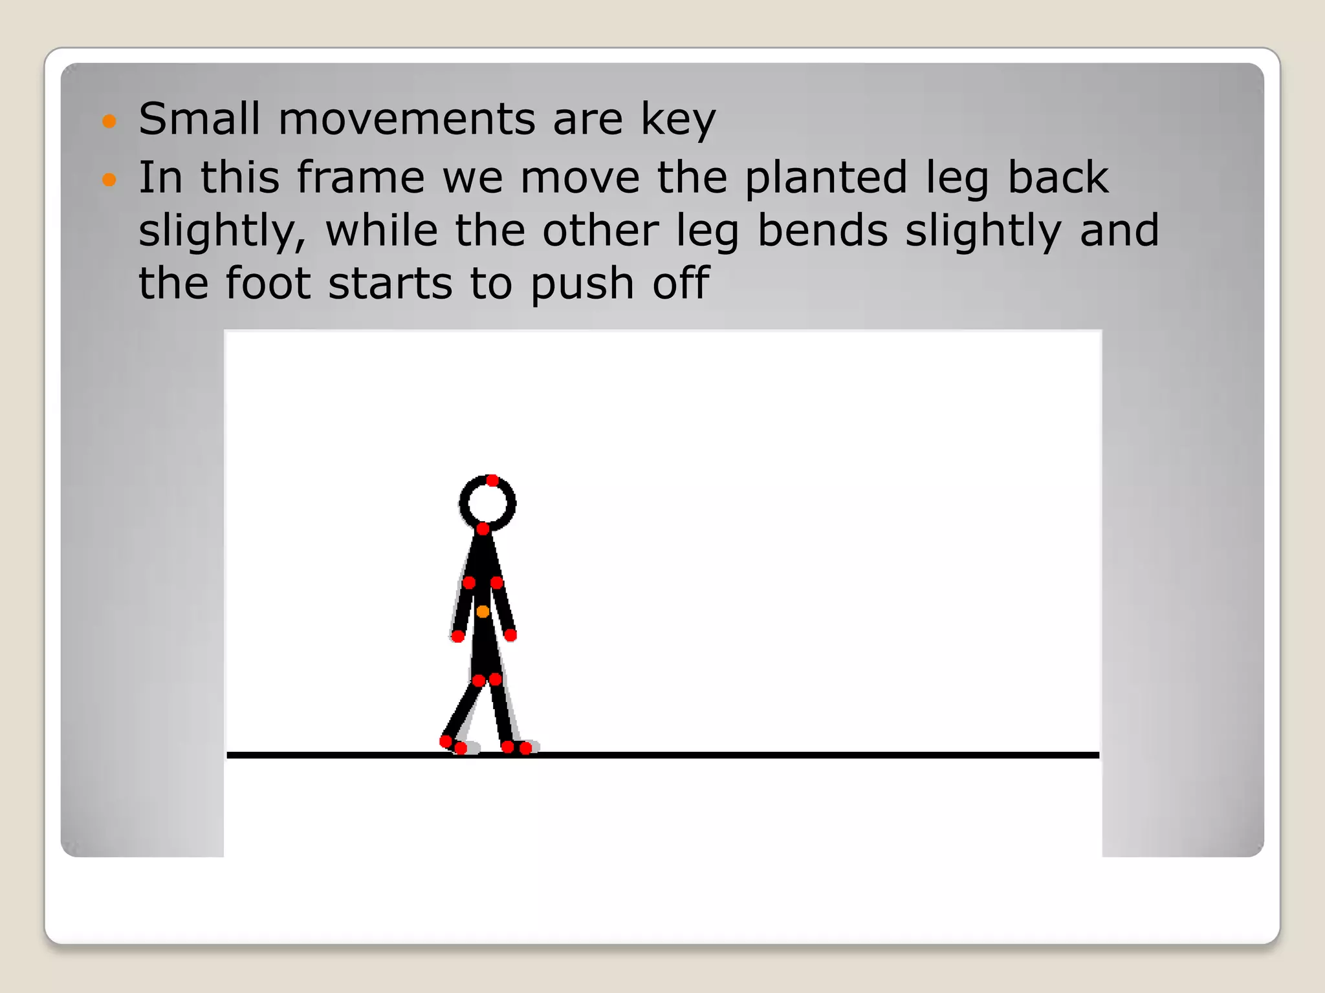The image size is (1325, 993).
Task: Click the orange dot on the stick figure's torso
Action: (483, 612)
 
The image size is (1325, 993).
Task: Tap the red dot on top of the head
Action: (492, 480)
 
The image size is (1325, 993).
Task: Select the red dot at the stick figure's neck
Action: (483, 529)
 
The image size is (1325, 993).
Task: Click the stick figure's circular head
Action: (487, 503)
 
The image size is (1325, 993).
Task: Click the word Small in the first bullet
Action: (199, 119)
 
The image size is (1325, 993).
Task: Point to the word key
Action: (678, 120)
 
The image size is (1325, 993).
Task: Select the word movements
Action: (407, 119)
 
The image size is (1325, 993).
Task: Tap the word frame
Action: (360, 177)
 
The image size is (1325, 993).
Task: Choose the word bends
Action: (822, 231)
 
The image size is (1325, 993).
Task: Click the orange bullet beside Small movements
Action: (109, 121)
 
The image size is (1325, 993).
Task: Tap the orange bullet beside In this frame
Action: (109, 179)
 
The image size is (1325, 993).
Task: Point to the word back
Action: (1058, 177)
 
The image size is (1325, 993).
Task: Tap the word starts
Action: (390, 284)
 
